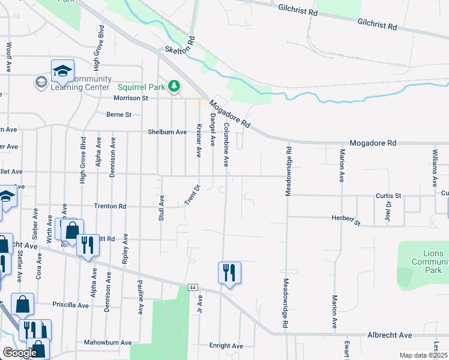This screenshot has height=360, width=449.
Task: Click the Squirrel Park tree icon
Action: (174, 87)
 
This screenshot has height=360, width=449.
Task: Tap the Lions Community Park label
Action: (429, 262)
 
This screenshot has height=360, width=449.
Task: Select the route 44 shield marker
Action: (193, 287)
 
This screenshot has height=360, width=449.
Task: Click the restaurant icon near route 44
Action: (229, 273)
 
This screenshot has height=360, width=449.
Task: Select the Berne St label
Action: (119, 114)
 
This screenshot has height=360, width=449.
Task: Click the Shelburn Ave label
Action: (167, 131)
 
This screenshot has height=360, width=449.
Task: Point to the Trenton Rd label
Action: (110, 206)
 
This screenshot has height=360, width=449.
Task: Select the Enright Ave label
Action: (226, 346)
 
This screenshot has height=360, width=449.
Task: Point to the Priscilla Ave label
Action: (70, 305)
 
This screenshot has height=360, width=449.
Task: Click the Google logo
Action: (19, 353)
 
